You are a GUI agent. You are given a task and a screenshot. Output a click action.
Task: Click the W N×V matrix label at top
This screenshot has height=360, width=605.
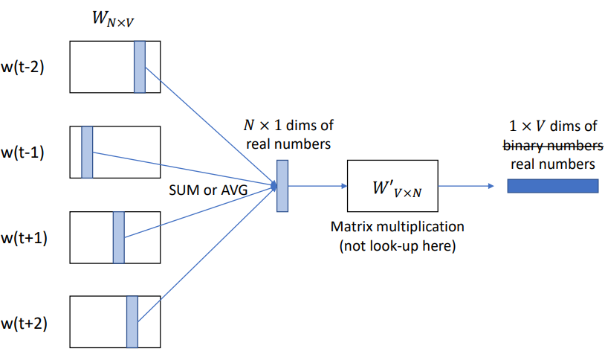pos(113,19)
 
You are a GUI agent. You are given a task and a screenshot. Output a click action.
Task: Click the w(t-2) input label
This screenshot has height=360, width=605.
pos(22,67)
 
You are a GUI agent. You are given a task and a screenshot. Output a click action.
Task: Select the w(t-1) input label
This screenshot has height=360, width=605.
pos(22,152)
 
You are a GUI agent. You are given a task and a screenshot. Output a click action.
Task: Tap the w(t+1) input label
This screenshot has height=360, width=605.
pos(24,238)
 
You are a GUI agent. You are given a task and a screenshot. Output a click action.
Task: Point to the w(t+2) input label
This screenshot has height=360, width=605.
pos(24,324)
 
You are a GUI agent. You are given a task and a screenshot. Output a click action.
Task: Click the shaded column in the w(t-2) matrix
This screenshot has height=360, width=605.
pos(140,67)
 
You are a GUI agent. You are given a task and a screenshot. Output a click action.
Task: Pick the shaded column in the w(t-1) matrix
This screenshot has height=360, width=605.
pos(87,152)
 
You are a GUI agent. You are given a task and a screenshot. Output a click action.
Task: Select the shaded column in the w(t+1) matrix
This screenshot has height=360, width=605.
pos(118,237)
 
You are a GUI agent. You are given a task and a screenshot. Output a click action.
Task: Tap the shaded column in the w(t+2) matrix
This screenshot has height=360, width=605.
pos(132,322)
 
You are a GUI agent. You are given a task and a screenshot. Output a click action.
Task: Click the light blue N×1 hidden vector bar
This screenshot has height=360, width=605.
pos(282,186)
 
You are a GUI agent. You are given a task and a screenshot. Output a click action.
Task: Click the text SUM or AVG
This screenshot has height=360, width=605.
pos(208,190)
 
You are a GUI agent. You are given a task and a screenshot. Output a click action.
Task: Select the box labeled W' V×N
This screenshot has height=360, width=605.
pos(392,186)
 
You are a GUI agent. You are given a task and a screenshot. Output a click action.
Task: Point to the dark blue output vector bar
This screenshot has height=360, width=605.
pos(552,186)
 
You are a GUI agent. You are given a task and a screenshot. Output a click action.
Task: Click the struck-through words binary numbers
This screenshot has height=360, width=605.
pos(553,146)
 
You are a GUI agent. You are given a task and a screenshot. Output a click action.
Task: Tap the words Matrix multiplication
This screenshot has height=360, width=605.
pos(398,227)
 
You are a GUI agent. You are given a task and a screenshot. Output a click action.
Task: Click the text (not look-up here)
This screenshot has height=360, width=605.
pos(398,245)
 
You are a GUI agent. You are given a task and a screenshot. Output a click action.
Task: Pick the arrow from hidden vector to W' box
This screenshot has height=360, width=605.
pos(317,186)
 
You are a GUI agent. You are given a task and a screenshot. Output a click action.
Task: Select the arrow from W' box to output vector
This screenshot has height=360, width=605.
pos(466,186)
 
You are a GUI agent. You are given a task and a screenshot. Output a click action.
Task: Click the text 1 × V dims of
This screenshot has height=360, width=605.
pos(553,126)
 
